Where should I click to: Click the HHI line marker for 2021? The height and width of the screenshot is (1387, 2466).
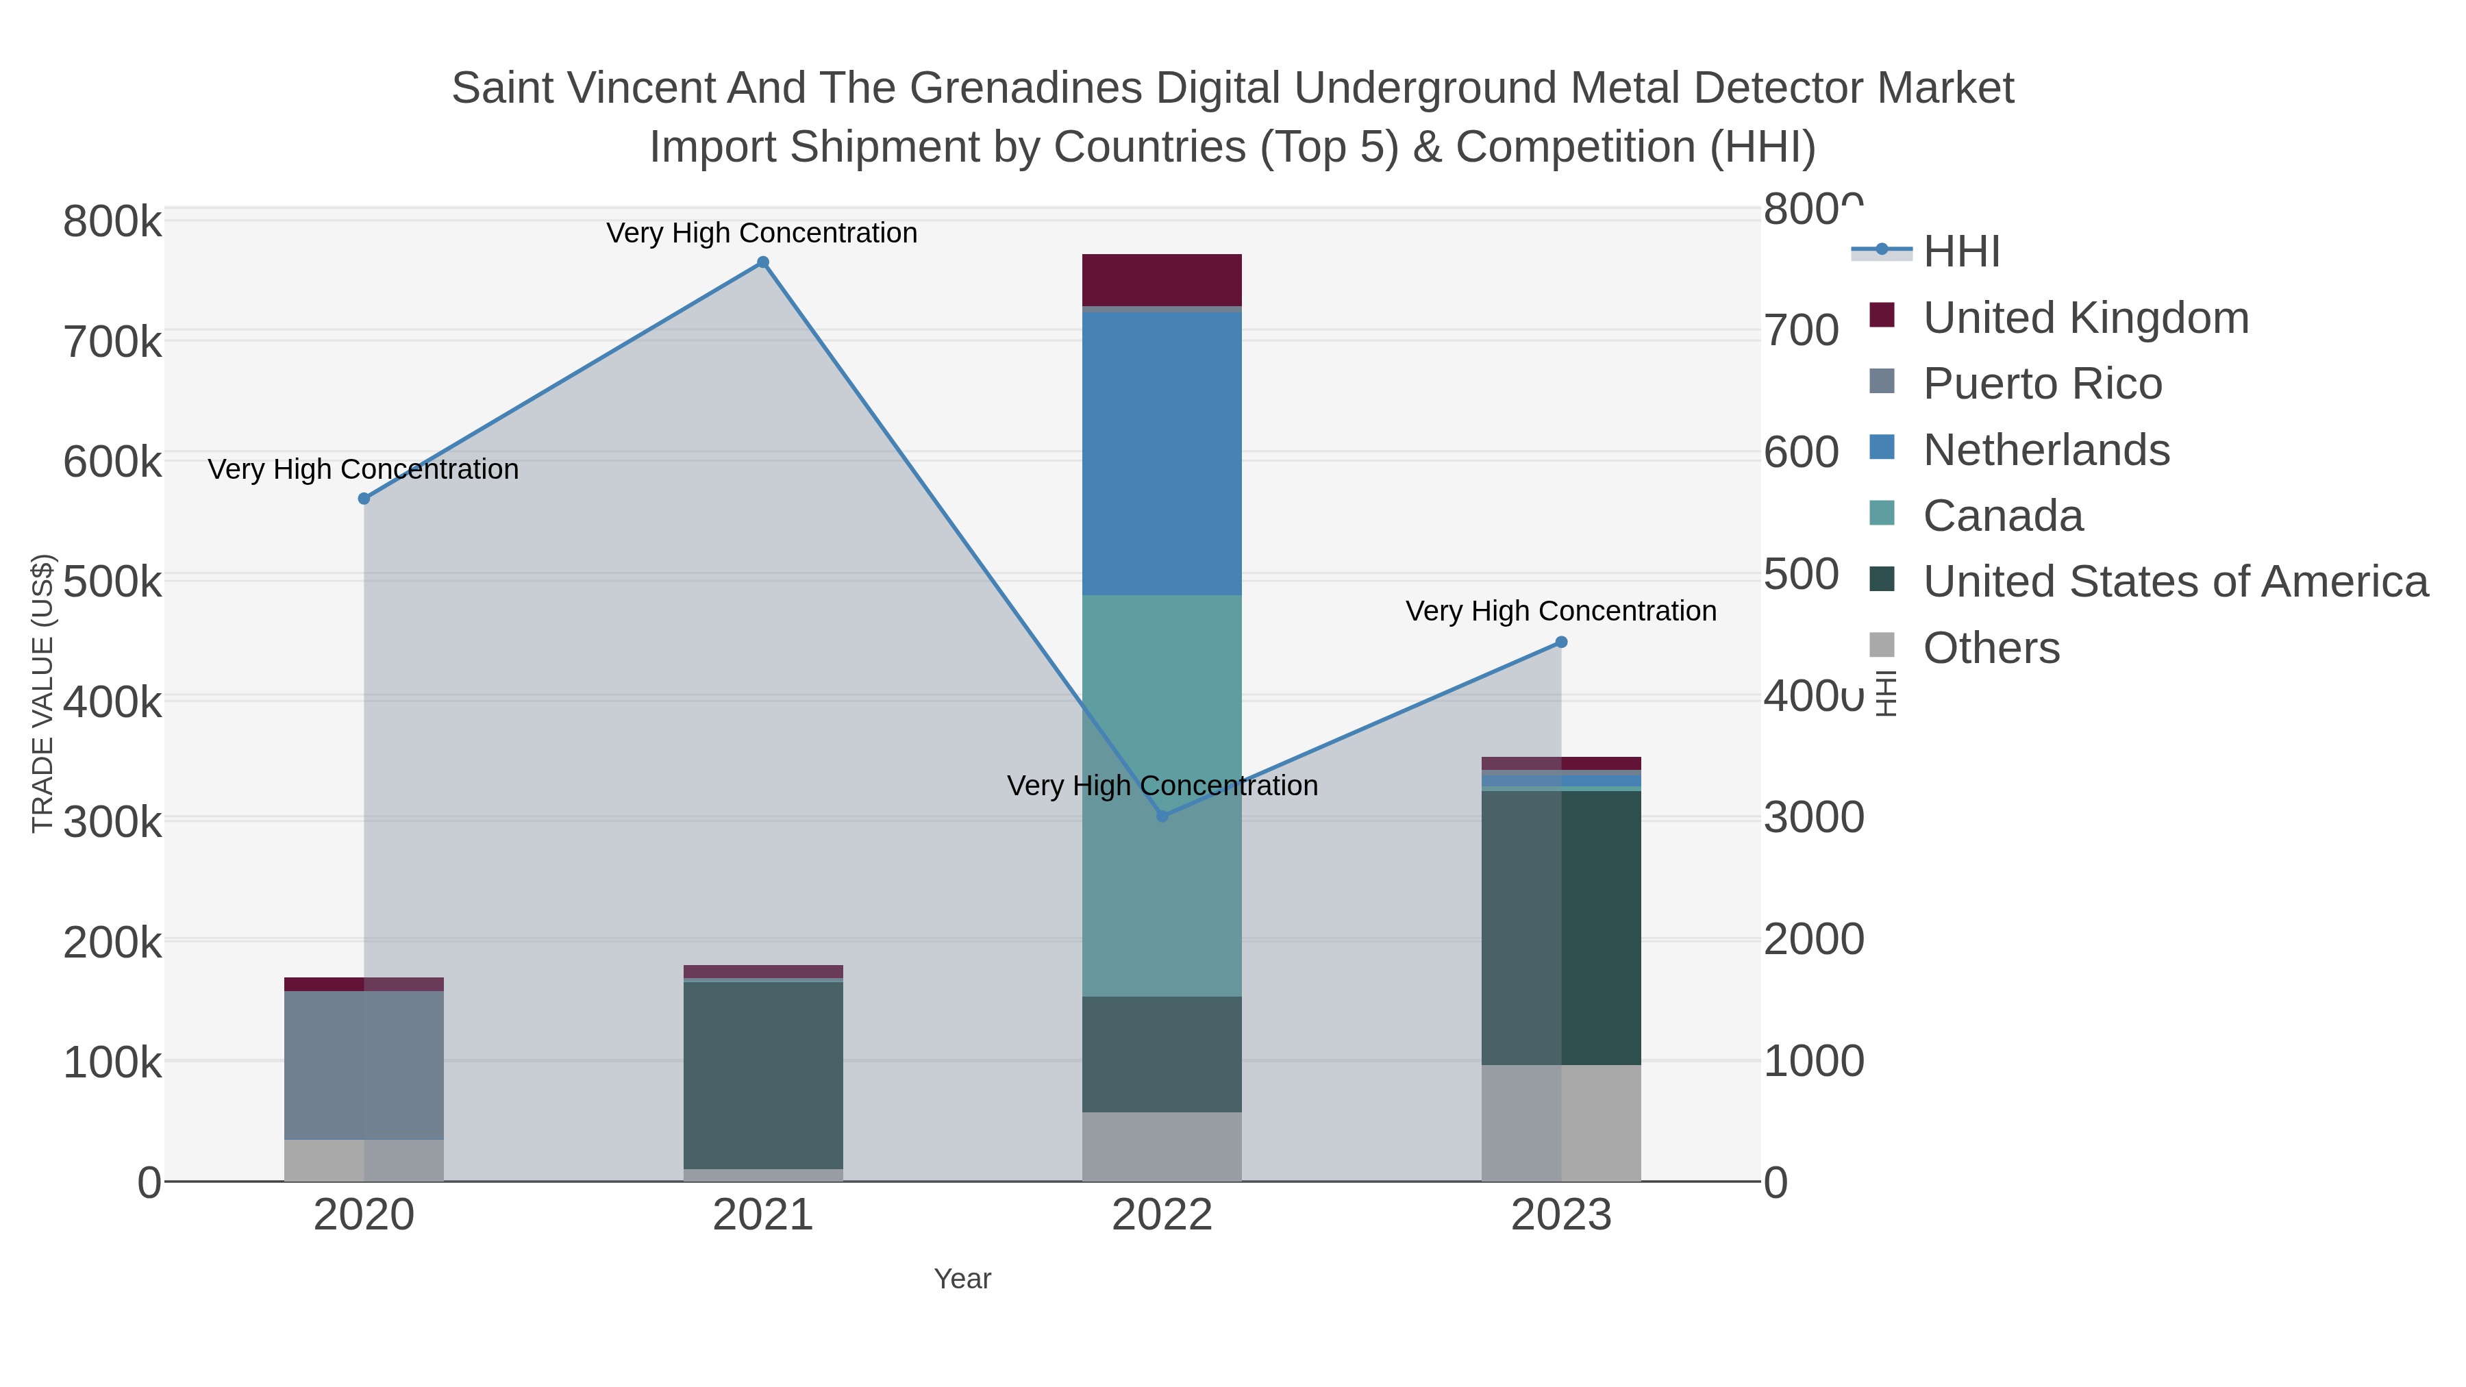pyautogui.click(x=763, y=262)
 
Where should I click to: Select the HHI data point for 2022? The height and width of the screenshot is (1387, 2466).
pyautogui.click(x=1162, y=816)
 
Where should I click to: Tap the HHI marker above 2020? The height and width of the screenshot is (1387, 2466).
pyautogui.click(x=364, y=499)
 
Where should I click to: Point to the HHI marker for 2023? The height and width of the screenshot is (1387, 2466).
pyautogui.click(x=1561, y=642)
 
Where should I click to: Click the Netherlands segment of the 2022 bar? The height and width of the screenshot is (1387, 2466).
pyautogui.click(x=1162, y=453)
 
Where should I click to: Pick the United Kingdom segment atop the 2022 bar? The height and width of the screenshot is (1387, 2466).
pyautogui.click(x=1162, y=279)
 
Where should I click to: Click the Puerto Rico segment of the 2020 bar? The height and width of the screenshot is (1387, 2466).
pyautogui.click(x=364, y=1064)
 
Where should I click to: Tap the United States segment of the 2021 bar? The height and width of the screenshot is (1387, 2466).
pyautogui.click(x=763, y=1074)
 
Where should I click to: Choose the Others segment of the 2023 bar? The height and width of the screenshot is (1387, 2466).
pyautogui.click(x=1561, y=1122)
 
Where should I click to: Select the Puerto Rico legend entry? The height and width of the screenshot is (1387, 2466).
pyautogui.click(x=2041, y=384)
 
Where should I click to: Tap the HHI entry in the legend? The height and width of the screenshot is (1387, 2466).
pyautogui.click(x=1960, y=252)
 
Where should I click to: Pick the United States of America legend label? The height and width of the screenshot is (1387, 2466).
pyautogui.click(x=2174, y=582)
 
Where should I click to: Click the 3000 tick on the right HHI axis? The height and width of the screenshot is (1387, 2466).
pyautogui.click(x=1813, y=817)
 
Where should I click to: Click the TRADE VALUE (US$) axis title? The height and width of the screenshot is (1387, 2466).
pyautogui.click(x=43, y=693)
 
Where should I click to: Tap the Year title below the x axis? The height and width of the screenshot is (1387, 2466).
pyautogui.click(x=962, y=1279)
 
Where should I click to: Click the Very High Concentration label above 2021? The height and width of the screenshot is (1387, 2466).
pyautogui.click(x=762, y=233)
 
